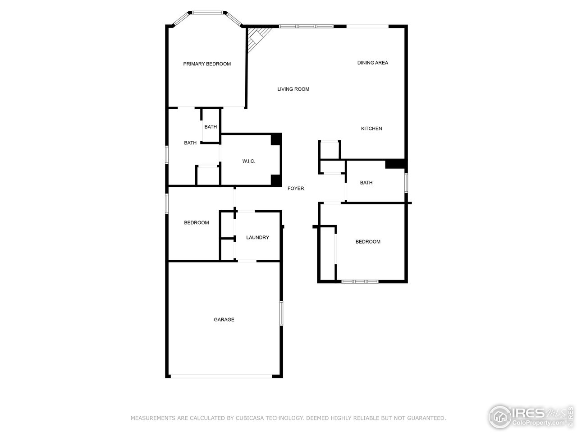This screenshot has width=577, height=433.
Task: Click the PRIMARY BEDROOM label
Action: click(x=207, y=64)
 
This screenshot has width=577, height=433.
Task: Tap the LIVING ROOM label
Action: click(x=293, y=89)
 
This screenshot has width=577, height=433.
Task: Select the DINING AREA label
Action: click(x=372, y=63)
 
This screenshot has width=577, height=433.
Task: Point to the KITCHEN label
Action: click(x=371, y=129)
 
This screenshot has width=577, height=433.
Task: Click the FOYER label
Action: click(x=296, y=189)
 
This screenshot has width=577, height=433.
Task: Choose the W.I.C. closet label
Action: click(x=248, y=161)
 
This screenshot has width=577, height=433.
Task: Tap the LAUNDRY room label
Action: click(x=257, y=238)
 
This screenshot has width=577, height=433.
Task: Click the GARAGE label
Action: click(x=224, y=320)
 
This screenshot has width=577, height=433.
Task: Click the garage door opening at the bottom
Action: click(x=221, y=376)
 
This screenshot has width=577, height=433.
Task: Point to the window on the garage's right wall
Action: click(x=281, y=313)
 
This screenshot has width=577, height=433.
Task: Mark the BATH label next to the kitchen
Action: click(x=366, y=183)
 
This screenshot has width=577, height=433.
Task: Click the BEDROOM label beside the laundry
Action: click(x=197, y=223)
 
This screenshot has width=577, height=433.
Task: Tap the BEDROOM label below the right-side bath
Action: click(x=368, y=242)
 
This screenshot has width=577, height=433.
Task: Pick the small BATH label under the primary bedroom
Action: click(x=211, y=127)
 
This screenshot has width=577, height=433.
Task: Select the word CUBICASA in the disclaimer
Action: click(x=250, y=419)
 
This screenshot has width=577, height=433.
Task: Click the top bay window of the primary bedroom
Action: click(x=208, y=13)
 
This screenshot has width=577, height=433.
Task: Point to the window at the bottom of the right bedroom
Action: click(x=360, y=282)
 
